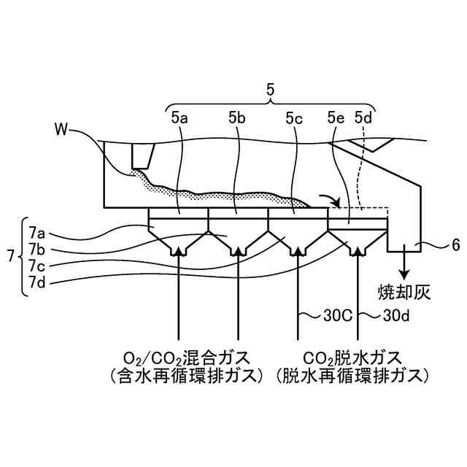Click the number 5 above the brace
[x=271, y=90]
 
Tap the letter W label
[x=62, y=131]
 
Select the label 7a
[x=37, y=233]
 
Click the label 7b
[x=37, y=249]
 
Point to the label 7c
[x=37, y=265]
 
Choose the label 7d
[x=37, y=281]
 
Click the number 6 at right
[x=456, y=246]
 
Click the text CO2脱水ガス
[x=352, y=358]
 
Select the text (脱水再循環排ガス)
[x=352, y=377]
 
